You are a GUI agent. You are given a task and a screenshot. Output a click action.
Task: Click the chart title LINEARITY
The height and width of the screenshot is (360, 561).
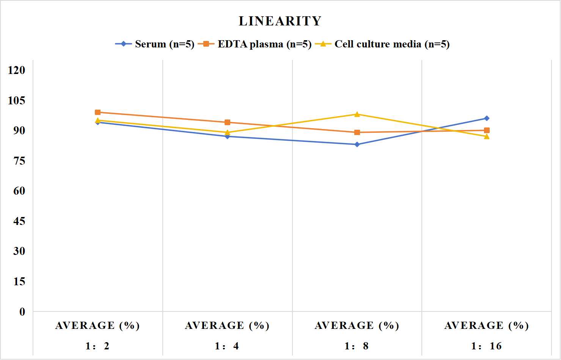point(280,21)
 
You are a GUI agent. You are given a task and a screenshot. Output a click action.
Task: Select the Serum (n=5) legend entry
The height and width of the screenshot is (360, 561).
point(155,44)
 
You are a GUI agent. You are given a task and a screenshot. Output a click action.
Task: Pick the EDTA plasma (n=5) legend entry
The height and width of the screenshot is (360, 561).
point(255,44)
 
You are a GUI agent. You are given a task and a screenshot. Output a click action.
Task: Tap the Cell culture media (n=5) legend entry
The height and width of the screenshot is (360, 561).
point(382,44)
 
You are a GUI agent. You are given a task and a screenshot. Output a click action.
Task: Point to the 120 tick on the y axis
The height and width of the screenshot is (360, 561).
point(17,70)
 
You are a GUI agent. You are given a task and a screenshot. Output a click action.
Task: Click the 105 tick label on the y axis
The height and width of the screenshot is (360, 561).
point(17,101)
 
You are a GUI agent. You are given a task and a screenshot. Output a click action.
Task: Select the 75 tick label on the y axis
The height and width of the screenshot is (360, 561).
point(19,161)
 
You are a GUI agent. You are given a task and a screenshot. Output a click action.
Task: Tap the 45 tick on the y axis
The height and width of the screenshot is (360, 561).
point(19,221)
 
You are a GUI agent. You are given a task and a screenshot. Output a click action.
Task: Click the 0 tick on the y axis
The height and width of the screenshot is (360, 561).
point(22,312)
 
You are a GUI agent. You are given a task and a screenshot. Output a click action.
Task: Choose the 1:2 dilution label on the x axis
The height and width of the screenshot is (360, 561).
point(97,346)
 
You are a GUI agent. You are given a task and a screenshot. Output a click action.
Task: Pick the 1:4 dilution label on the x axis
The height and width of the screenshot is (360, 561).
point(227,346)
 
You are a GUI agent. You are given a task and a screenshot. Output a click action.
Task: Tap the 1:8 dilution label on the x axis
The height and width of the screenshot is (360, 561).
point(357,346)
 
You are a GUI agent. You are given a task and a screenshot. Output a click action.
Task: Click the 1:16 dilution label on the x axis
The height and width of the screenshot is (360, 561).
point(486,346)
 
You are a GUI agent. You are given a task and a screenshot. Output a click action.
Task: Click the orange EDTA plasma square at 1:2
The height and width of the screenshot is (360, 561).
point(98,112)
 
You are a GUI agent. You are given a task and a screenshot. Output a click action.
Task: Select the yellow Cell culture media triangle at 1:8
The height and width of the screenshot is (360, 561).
point(357,114)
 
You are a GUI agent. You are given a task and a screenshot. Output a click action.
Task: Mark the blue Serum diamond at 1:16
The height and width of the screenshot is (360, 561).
point(487,118)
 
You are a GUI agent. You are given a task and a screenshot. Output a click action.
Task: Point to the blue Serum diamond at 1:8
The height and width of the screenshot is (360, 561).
point(357,144)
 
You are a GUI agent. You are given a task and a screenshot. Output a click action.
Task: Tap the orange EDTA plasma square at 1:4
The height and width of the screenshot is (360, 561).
point(228,122)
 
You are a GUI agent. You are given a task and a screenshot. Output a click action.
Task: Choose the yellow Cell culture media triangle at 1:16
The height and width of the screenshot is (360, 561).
point(487,136)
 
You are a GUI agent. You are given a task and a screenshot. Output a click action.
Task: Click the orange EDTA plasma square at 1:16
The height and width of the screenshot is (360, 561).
point(487,130)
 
